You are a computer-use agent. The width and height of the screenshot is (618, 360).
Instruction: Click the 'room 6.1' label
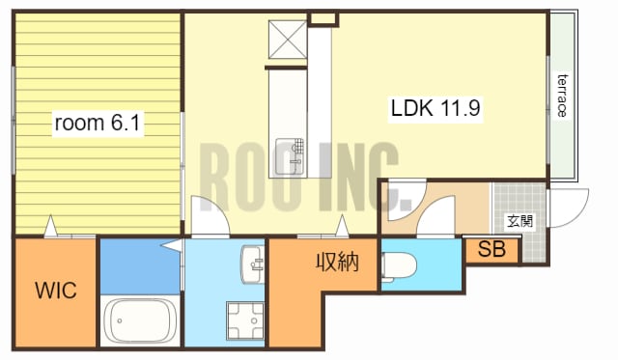(x=98, y=123)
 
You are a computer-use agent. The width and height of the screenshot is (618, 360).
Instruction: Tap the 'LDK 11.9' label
(x=435, y=107)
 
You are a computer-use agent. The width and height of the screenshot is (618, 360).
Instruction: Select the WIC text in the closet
(x=56, y=291)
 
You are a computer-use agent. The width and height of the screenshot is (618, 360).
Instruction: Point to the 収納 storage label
(x=337, y=262)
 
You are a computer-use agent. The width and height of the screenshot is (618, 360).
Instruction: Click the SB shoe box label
(x=492, y=249)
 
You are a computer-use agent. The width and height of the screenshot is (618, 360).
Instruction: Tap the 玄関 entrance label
(x=520, y=221)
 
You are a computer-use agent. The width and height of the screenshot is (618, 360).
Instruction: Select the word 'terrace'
(x=563, y=96)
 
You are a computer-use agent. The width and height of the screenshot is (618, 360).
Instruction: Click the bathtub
(x=139, y=320)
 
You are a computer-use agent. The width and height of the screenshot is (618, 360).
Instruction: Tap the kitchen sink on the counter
(x=290, y=156)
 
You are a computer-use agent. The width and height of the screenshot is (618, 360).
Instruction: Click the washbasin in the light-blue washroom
(x=253, y=263)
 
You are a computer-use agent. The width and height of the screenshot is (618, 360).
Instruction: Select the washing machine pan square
(x=245, y=320)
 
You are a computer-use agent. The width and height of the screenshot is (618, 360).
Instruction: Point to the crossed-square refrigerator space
(x=288, y=40)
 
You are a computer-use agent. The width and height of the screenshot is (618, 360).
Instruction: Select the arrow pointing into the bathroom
(x=172, y=245)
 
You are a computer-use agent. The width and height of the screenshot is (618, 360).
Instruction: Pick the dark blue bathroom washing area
(x=140, y=266)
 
